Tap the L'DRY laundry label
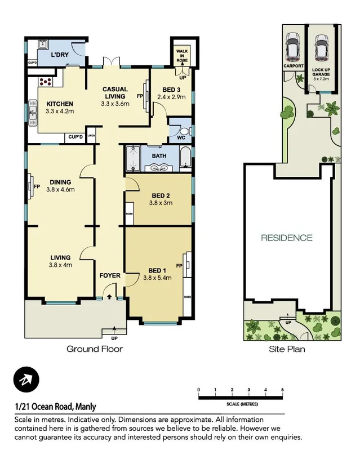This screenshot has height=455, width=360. tap(60, 55)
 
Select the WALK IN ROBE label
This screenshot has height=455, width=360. tap(183, 53)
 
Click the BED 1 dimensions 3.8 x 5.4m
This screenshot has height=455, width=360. tap(157, 278)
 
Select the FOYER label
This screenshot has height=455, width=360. tap(110, 276)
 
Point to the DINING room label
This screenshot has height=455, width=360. tap(60, 182)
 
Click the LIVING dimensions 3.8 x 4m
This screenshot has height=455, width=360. tap(61, 265)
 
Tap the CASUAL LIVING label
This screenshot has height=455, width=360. tap(115, 93)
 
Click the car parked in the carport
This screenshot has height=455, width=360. tap(292, 47)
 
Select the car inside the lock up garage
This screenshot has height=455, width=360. tap(322, 47)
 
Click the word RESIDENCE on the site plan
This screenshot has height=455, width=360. tap(286, 238)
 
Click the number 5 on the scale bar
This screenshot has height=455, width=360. tap(282, 390)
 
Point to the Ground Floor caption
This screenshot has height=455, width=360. tap(95, 349)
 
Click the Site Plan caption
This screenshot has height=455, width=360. tap(286, 349)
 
